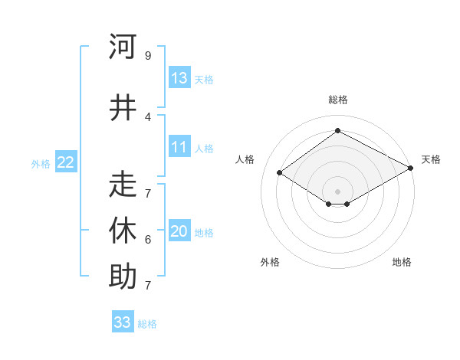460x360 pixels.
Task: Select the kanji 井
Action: (x=123, y=107)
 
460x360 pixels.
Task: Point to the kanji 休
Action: (x=123, y=231)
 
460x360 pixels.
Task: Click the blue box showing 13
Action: (x=179, y=78)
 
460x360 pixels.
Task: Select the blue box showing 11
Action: (x=179, y=147)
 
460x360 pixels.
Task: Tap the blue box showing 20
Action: (x=179, y=231)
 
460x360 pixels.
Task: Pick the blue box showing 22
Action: (x=66, y=162)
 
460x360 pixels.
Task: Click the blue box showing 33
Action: (x=123, y=322)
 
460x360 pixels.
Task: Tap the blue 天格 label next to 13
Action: (x=204, y=80)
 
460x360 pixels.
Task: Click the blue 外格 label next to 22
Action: (x=41, y=163)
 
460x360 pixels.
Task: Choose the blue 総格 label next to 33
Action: (x=147, y=324)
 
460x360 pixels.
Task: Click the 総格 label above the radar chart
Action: (x=337, y=100)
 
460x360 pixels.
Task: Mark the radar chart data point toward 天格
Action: (x=411, y=169)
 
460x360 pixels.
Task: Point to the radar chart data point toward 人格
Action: (x=280, y=173)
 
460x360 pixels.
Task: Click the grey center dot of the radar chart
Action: (x=337, y=190)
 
